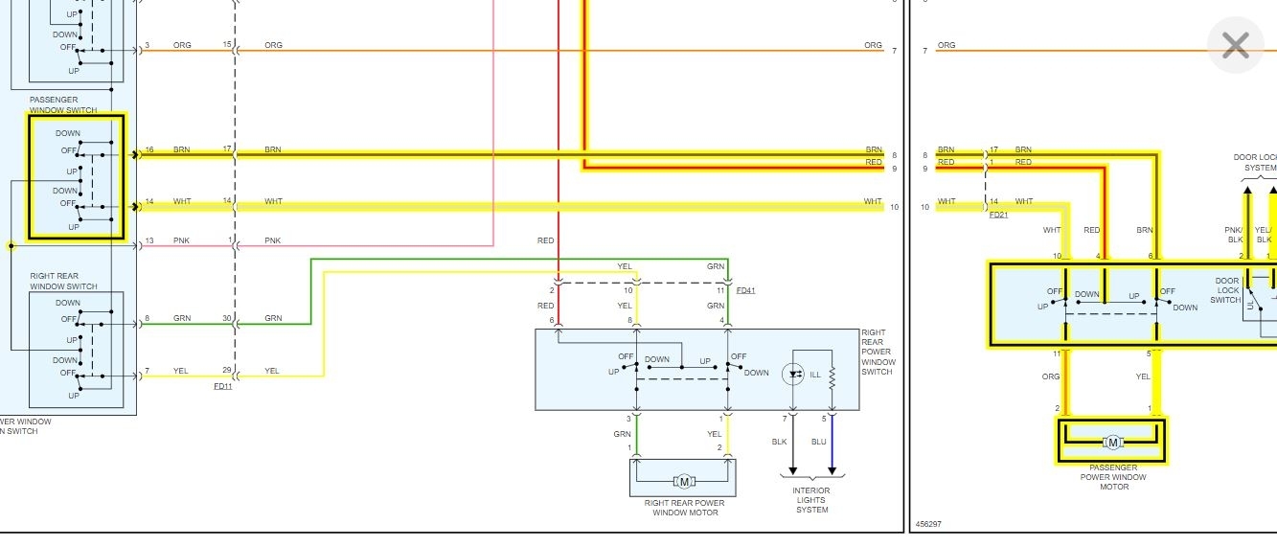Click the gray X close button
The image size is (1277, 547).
pos(1235,45)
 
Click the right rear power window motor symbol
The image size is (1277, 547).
pos(683,481)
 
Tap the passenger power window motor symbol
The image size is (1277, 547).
pos(1112,442)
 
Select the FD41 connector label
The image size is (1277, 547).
pos(745,289)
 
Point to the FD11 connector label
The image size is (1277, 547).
pos(222,386)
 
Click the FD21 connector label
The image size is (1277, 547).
pos(998,216)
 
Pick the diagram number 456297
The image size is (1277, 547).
pos(928,524)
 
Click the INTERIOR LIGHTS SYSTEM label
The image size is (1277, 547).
pos(811,500)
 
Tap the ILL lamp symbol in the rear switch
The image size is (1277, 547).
pos(793,375)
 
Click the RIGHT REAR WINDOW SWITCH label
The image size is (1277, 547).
pos(63,282)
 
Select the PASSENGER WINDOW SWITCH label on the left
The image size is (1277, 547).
pos(63,104)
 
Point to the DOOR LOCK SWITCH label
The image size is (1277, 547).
pos(1227,290)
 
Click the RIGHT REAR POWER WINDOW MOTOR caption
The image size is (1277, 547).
pos(685,508)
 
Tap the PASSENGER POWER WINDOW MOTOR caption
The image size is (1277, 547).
pos(1113,477)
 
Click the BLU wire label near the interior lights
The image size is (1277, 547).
pos(818,442)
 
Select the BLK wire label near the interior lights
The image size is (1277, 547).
pos(779,442)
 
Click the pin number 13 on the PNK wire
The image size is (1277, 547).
pos(148,240)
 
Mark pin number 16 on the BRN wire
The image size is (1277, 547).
pos(148,150)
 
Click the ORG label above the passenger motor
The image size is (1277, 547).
pos(1051,376)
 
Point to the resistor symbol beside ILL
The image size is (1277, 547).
pos(832,376)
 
